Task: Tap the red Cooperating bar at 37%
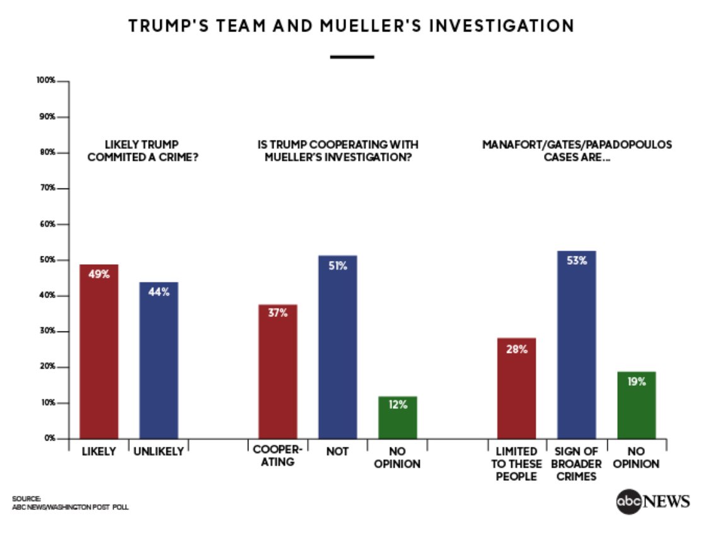[277, 371]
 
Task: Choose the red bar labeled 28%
[516, 388]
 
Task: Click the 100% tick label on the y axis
[47, 81]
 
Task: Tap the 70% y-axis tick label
[48, 188]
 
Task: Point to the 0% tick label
[50, 438]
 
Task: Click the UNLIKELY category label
[159, 451]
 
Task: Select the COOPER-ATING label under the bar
[277, 457]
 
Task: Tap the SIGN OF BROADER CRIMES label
[576, 464]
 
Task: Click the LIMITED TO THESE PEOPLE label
[516, 464]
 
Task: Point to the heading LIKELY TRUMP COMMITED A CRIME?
[142, 151]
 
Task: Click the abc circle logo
[628, 502]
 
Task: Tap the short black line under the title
[352, 57]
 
